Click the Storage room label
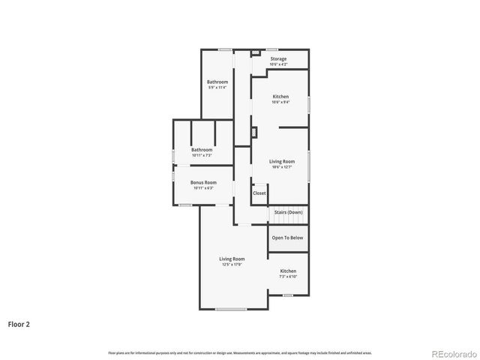[278, 58]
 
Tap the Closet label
[259, 193]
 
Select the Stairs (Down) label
[288, 212]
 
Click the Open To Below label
[287, 238]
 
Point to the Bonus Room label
[203, 182]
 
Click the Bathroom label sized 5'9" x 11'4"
[217, 81]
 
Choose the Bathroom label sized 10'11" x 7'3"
[202, 149]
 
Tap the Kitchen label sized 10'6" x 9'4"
[280, 97]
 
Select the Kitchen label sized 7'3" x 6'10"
[288, 271]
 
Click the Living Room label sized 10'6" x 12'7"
[282, 161]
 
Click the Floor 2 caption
[19, 325]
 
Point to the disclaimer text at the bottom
[239, 352]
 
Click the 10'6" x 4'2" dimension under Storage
[278, 64]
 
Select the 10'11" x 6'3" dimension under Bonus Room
[203, 188]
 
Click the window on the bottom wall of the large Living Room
[230, 309]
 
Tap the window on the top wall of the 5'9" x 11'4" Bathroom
[223, 50]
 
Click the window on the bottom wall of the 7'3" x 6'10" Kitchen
[287, 295]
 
